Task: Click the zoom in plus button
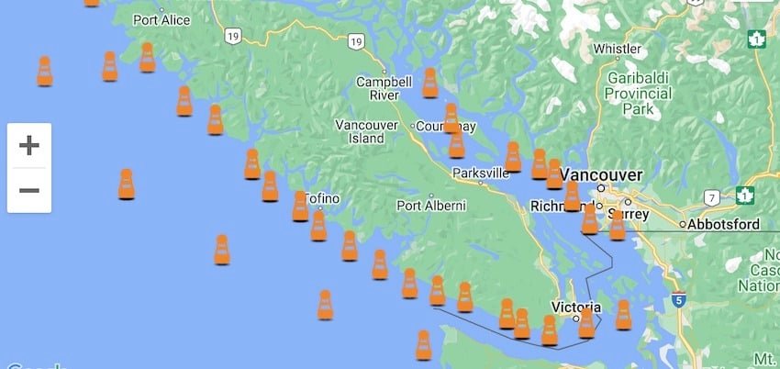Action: click(x=29, y=145)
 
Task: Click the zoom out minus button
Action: click(x=29, y=190)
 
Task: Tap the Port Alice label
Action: click(x=161, y=19)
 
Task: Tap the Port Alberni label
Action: click(x=431, y=206)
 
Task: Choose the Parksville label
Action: click(x=480, y=173)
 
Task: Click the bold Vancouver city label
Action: click(x=602, y=175)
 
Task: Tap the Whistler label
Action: click(x=618, y=48)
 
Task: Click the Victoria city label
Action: click(x=576, y=307)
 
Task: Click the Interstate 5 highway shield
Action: click(x=678, y=298)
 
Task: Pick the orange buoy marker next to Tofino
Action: click(x=300, y=206)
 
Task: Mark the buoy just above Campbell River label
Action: click(x=429, y=83)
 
